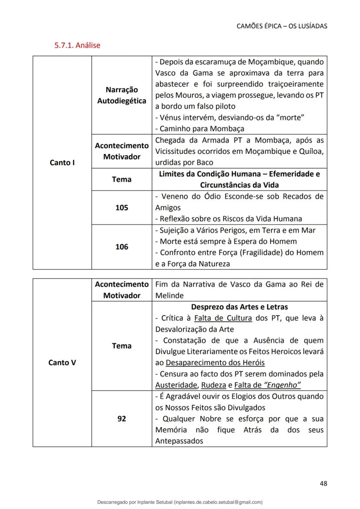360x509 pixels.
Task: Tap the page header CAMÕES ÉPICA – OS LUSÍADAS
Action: pyautogui.click(x=282, y=26)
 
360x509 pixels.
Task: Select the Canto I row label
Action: pyautogui.click(x=62, y=163)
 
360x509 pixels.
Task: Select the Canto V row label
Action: pyautogui.click(x=62, y=363)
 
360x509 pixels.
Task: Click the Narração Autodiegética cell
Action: pyautogui.click(x=122, y=95)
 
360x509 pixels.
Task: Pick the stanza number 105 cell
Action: pyautogui.click(x=122, y=208)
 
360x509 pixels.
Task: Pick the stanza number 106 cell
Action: pyautogui.click(x=122, y=247)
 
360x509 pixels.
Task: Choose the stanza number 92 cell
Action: pyautogui.click(x=122, y=419)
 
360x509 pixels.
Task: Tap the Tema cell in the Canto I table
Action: pyautogui.click(x=122, y=179)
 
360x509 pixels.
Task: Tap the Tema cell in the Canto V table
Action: pyautogui.click(x=122, y=346)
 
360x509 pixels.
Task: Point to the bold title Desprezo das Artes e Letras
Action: pyautogui.click(x=240, y=307)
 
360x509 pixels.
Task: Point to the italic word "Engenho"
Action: pyautogui.click(x=282, y=385)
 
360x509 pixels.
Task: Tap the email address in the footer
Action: pyautogui.click(x=217, y=502)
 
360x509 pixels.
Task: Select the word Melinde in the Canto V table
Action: pyautogui.click(x=168, y=296)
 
